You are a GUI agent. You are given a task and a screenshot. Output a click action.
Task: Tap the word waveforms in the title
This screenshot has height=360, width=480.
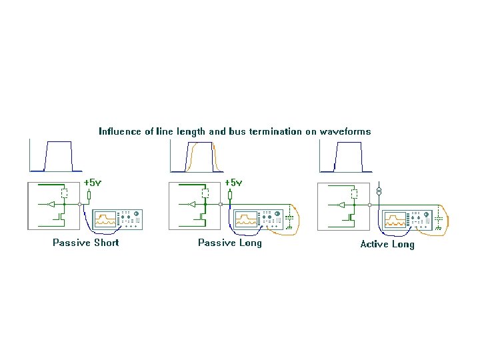(x=345, y=131)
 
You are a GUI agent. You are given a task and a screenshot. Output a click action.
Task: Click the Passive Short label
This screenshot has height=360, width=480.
(x=86, y=243)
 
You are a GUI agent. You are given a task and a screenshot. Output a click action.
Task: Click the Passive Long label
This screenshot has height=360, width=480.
(x=230, y=243)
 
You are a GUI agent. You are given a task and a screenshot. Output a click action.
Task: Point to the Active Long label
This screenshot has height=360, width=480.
(x=387, y=245)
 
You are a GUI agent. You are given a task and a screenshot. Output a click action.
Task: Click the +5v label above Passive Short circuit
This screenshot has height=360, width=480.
(x=93, y=183)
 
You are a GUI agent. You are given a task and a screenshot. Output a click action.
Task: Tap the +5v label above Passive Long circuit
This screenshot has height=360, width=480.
(x=233, y=183)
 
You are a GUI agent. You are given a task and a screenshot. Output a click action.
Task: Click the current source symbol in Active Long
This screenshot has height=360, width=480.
(x=379, y=191)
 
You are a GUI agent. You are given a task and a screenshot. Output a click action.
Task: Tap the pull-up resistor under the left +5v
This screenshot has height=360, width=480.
(x=89, y=195)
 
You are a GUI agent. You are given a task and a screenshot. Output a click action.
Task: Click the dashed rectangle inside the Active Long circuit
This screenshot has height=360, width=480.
(x=354, y=194)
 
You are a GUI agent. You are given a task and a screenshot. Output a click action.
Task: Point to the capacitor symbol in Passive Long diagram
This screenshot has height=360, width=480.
(x=289, y=218)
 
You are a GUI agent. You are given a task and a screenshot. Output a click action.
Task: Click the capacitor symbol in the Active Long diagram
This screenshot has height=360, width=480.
(x=438, y=218)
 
